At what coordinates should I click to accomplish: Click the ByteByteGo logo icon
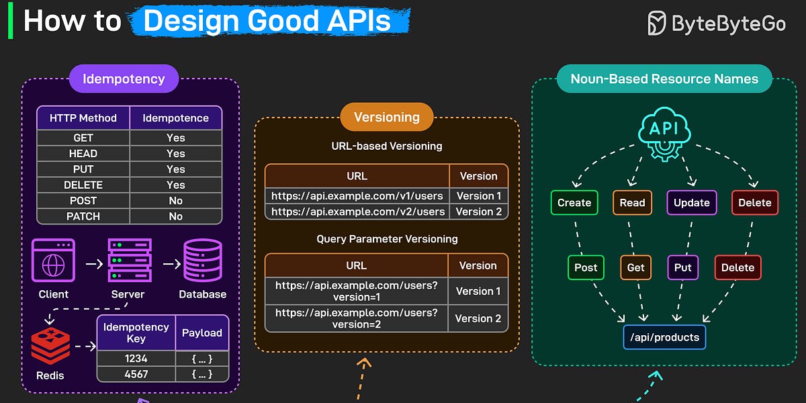coord(656,23)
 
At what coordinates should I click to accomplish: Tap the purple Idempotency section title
coord(124,79)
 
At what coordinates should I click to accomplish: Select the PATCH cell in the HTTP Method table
coord(83,216)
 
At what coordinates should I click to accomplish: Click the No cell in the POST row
coord(175,201)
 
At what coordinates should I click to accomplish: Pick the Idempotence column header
coord(175,118)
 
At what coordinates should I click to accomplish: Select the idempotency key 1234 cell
coord(136,359)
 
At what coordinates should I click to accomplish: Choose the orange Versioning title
coord(387,117)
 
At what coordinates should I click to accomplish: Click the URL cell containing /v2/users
coord(357,212)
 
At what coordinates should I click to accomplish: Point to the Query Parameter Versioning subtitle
coord(387,239)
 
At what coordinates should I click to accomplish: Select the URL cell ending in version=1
coord(357,291)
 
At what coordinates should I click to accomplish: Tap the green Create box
coord(574,203)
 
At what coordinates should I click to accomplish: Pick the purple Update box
coord(691,203)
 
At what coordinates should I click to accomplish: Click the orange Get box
coord(635,267)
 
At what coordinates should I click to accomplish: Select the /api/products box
coord(664,337)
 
